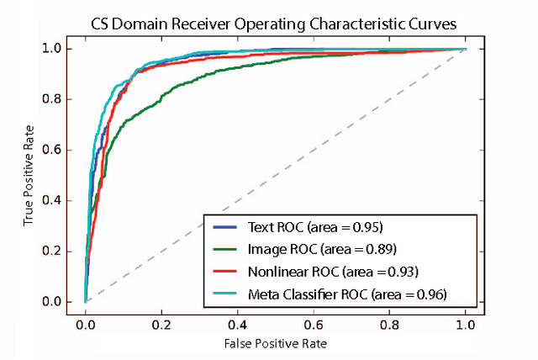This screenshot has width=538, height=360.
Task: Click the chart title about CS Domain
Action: (x=274, y=24)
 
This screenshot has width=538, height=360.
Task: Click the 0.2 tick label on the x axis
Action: (x=161, y=322)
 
